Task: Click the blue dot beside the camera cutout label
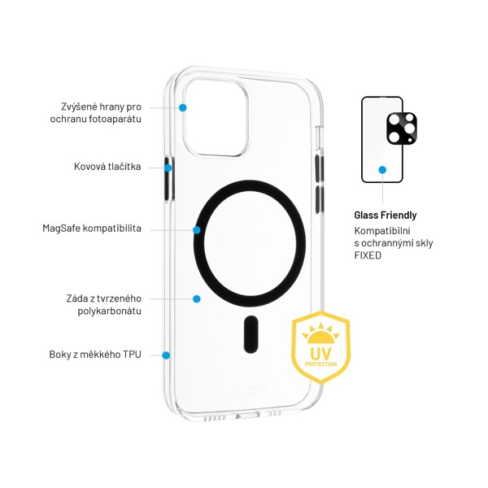click(x=183, y=107)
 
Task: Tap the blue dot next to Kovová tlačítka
click(x=168, y=168)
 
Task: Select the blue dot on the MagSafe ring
click(x=196, y=230)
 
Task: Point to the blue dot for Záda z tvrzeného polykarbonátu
click(x=196, y=298)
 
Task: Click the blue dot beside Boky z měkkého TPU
click(x=166, y=355)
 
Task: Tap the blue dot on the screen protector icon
click(x=382, y=170)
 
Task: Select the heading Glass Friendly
click(x=386, y=215)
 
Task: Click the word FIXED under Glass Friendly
click(x=368, y=255)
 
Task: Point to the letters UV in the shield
click(x=321, y=353)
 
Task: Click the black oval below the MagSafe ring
click(x=251, y=334)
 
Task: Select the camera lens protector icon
click(x=402, y=129)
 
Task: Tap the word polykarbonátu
click(x=109, y=311)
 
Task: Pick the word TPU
click(x=132, y=355)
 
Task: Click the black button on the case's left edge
click(x=168, y=179)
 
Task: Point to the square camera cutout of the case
click(x=216, y=117)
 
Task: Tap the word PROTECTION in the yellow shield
click(x=320, y=364)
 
